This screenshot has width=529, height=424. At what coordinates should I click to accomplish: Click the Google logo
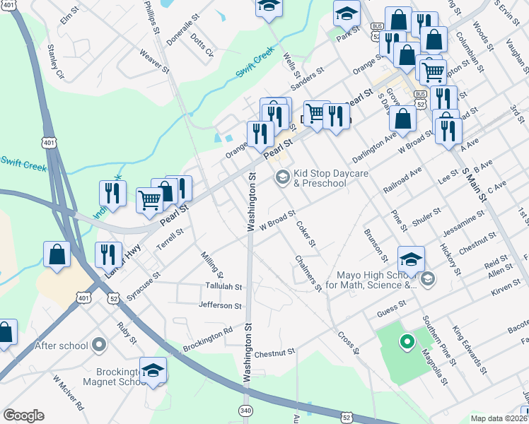point(23,416)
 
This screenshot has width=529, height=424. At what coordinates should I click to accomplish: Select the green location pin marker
point(407,343)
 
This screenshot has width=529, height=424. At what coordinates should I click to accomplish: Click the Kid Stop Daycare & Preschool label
point(319,179)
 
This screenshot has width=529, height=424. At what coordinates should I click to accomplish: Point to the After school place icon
point(99,346)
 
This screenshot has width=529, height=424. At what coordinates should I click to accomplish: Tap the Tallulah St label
point(223,288)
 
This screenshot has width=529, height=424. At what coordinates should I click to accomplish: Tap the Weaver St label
point(154,61)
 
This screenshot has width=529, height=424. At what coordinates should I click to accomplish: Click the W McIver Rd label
point(67,393)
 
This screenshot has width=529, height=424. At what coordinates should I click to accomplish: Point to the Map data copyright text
point(499,417)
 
